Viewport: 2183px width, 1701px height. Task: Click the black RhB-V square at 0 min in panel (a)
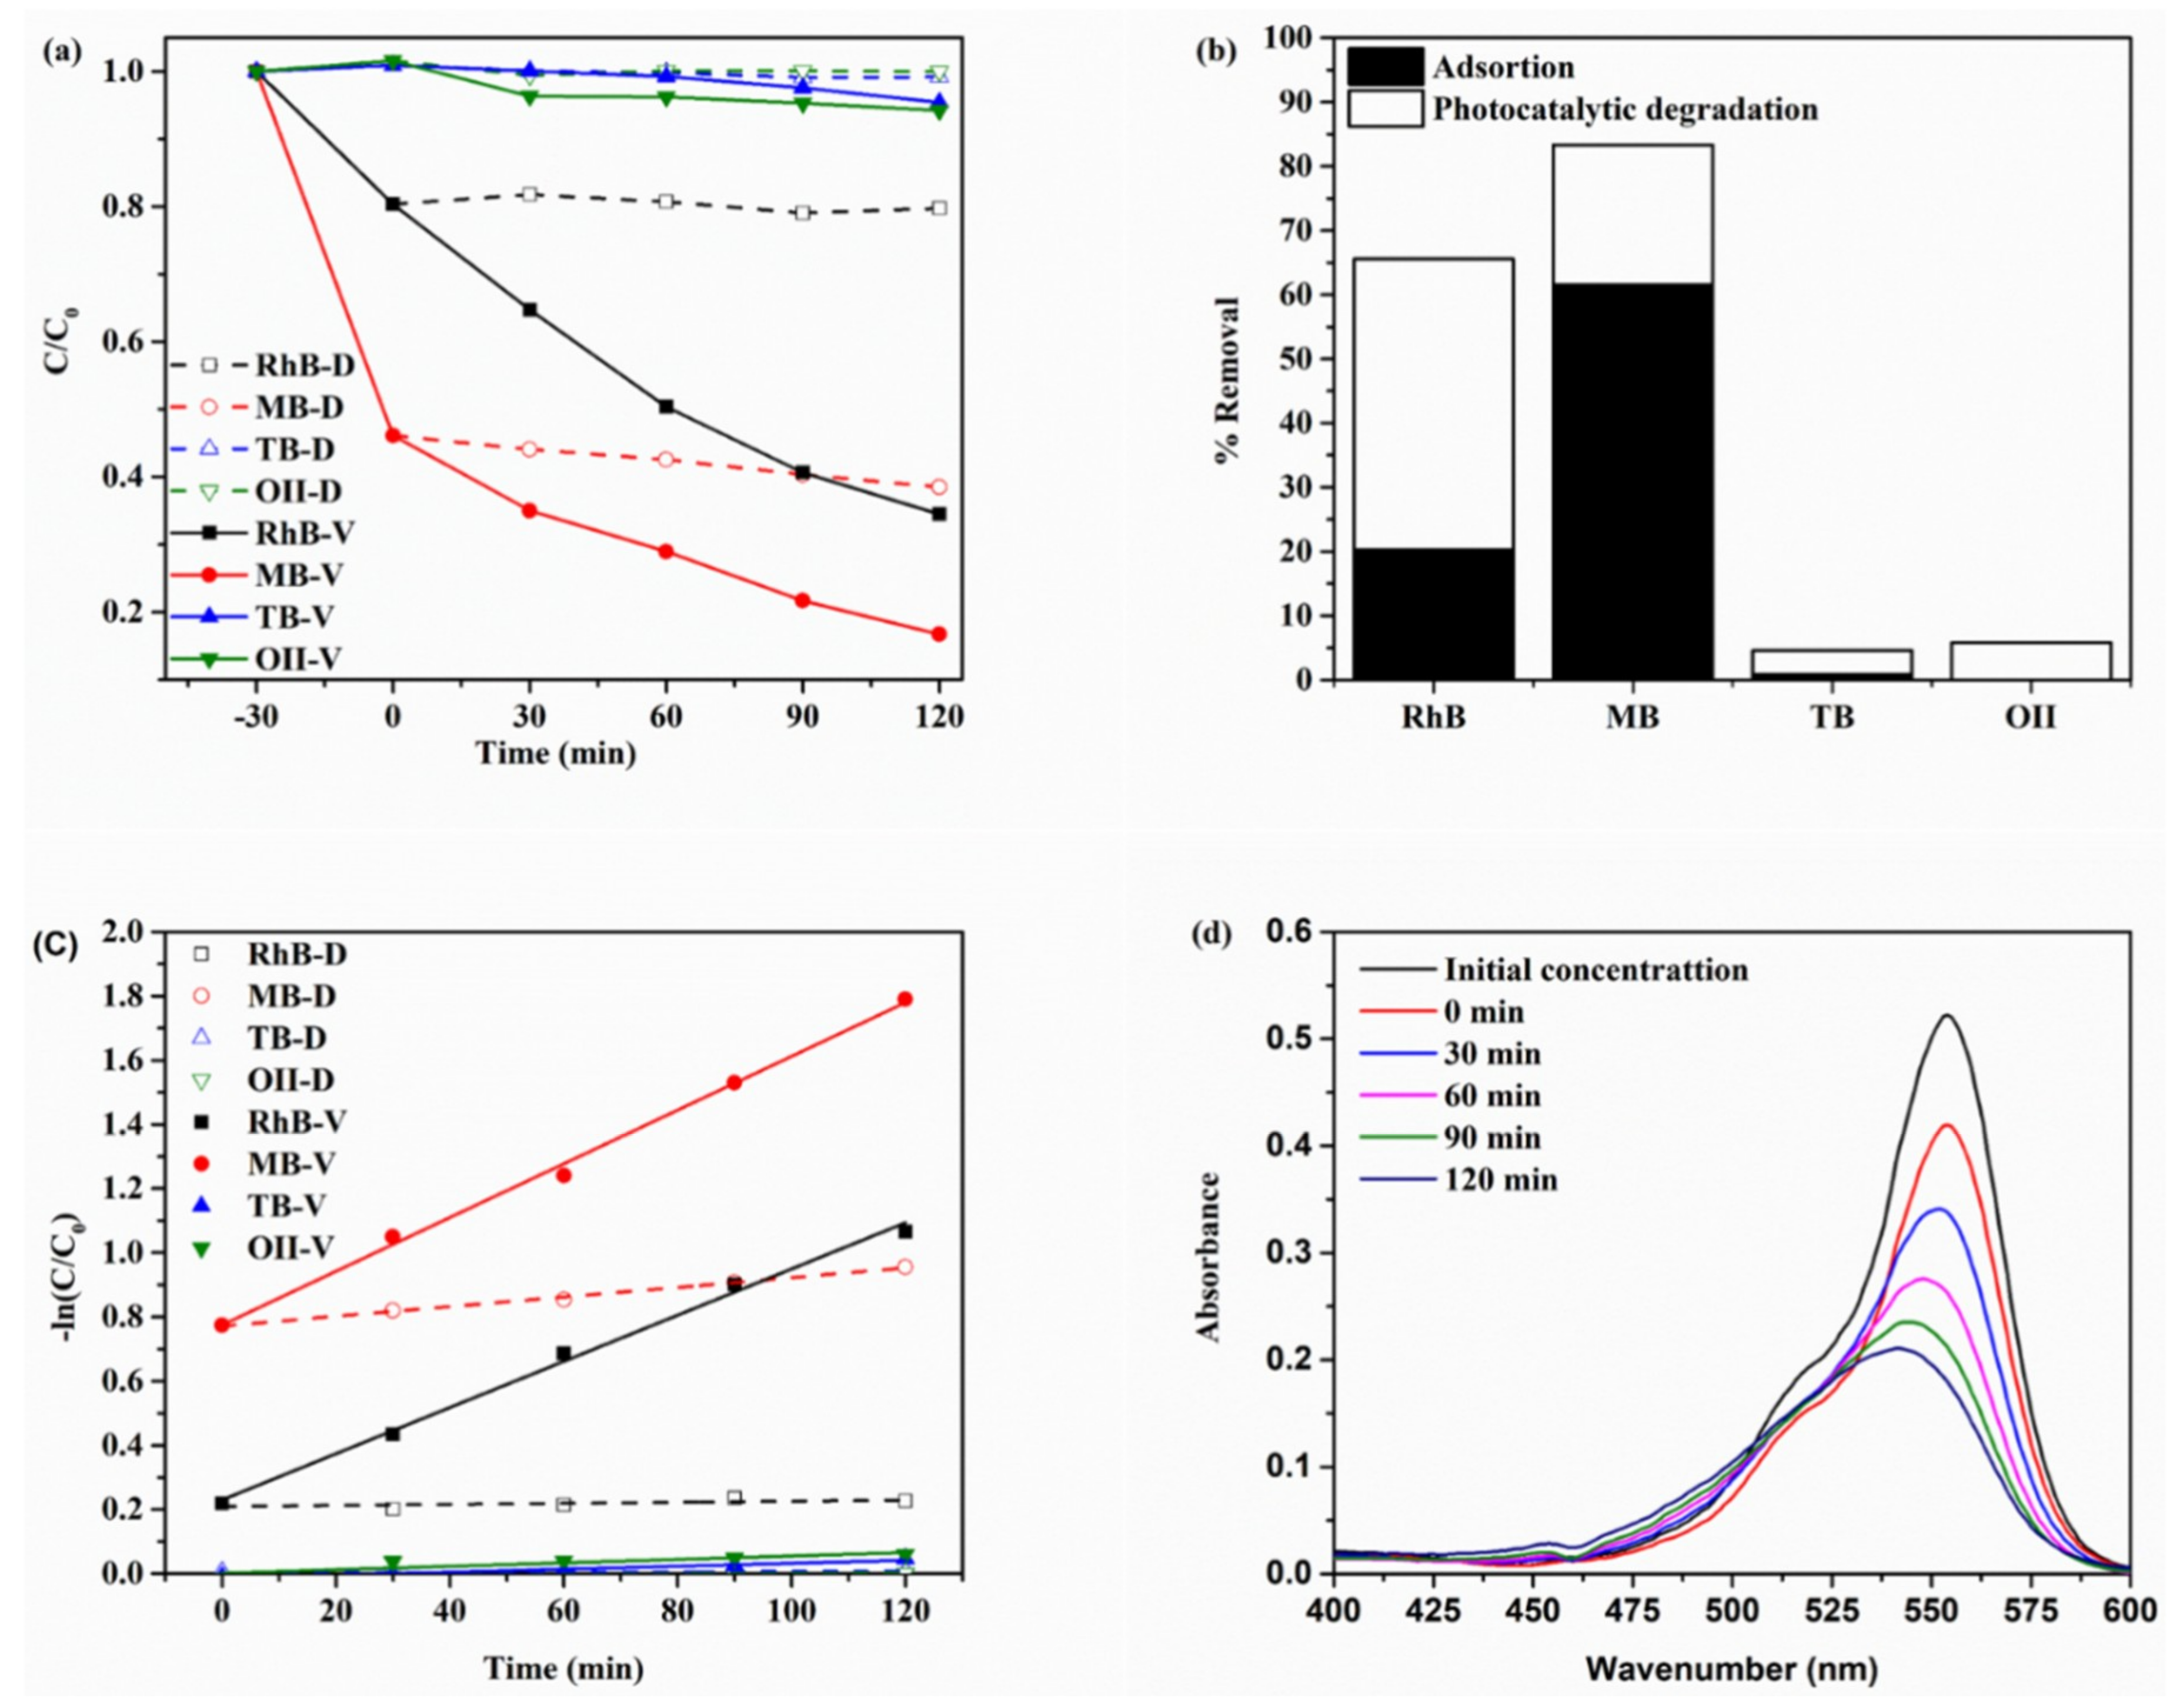[393, 204]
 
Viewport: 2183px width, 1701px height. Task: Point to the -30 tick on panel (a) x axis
[256, 718]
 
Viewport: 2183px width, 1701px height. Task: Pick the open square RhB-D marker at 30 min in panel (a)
[530, 194]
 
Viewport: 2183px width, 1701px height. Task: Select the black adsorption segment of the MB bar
[1633, 481]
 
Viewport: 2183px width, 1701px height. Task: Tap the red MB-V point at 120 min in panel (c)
[904, 998]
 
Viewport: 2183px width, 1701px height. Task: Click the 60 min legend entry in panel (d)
[1491, 1096]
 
